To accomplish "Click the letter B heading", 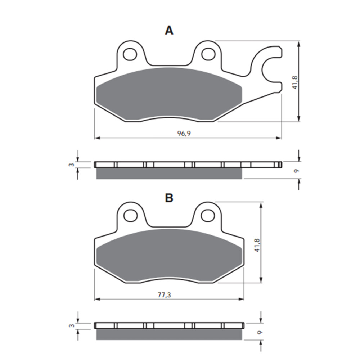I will click(169, 198).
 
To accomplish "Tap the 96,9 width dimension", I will click(184, 134).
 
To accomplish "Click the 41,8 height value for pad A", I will click(295, 83).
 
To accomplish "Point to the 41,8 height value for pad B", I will click(257, 244).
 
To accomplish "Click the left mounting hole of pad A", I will click(130, 54).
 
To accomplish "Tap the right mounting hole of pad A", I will click(208, 54).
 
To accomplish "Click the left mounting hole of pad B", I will click(130, 215).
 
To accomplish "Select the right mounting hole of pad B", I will click(208, 215).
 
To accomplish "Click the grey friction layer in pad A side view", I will click(169, 174).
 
